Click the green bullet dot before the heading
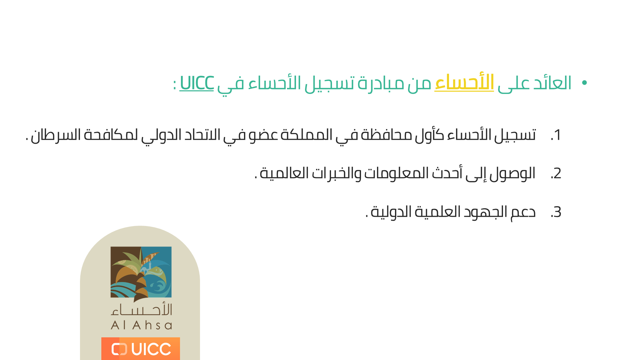[584, 83]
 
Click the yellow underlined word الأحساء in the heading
[464, 82]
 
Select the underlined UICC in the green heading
[197, 83]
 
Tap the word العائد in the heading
[552, 83]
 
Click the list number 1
[556, 135]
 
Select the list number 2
[556, 174]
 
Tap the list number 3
[556, 212]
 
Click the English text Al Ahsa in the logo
[141, 325]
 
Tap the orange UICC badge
[141, 349]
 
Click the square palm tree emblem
[141, 272]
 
